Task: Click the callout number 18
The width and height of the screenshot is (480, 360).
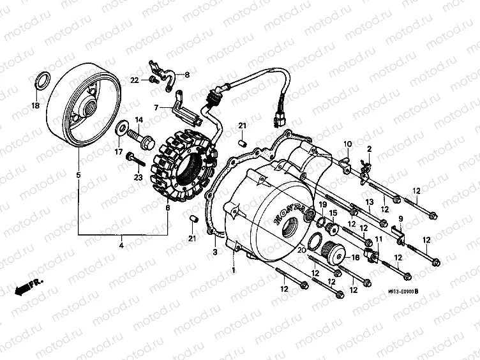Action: (x=35, y=105)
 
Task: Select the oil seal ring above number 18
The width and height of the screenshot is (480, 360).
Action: (x=41, y=82)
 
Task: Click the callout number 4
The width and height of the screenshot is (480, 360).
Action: (x=121, y=244)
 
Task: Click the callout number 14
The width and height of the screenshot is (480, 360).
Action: (x=139, y=120)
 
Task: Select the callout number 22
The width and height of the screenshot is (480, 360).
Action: (x=135, y=80)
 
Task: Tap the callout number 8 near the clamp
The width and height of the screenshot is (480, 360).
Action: (x=187, y=75)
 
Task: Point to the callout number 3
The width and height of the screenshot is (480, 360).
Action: (x=215, y=253)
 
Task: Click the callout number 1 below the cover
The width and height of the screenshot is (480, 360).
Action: (x=233, y=271)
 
